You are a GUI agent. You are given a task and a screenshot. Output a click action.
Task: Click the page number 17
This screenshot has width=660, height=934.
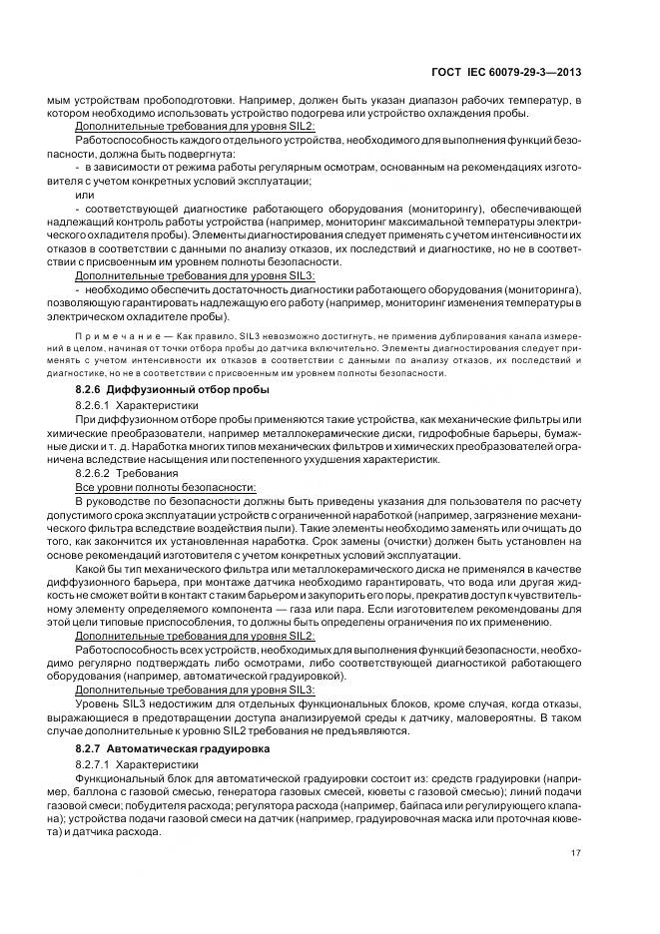tap(576, 852)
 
